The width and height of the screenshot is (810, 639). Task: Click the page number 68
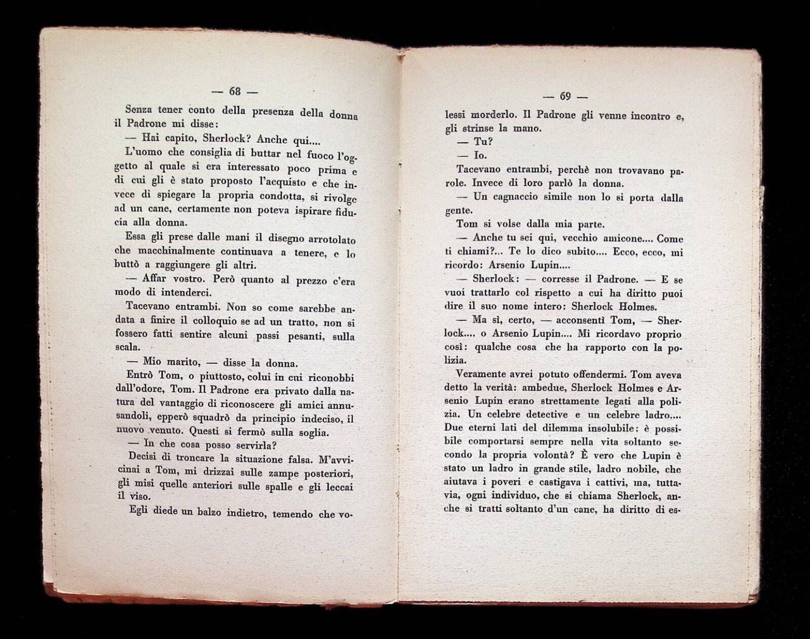[x=235, y=90]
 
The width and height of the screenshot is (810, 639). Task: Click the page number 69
[x=565, y=97]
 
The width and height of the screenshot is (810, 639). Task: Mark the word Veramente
[x=480, y=374]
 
